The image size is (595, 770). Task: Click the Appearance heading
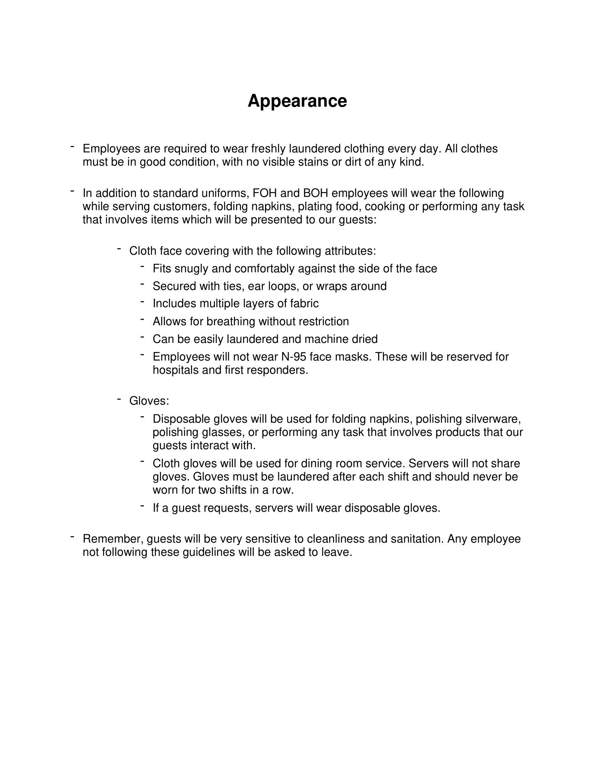[x=297, y=101]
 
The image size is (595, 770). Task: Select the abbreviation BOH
[x=315, y=193]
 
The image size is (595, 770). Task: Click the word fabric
[x=304, y=304]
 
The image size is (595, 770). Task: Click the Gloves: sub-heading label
[x=149, y=401]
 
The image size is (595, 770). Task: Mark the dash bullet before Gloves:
[x=119, y=399]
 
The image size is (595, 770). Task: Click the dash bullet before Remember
[x=73, y=537]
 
